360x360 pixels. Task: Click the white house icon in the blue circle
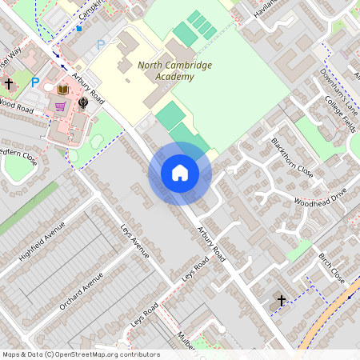click(x=179, y=173)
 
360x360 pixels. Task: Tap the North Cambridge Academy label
click(x=166, y=71)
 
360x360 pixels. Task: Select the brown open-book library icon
click(x=63, y=90)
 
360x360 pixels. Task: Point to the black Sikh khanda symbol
click(x=82, y=102)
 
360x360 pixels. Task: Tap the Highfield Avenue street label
click(x=42, y=242)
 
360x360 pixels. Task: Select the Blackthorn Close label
click(x=292, y=157)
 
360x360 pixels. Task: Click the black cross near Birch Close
click(x=281, y=301)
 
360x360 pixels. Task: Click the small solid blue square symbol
click(x=79, y=29)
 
